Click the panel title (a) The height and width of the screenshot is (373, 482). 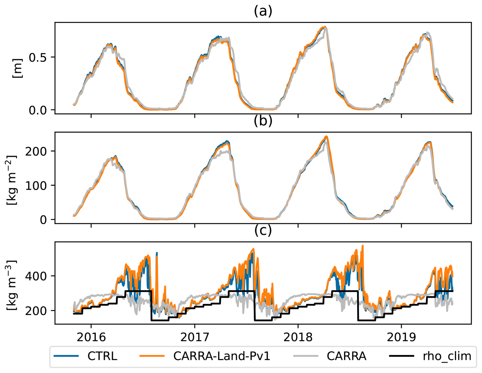[x=263, y=11]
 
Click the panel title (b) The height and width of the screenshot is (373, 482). [x=263, y=121]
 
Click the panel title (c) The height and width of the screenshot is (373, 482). [x=263, y=230]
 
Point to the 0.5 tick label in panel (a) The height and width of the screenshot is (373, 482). [x=38, y=58]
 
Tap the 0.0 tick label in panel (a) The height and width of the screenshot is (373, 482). [x=38, y=110]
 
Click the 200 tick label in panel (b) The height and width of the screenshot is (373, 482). [x=36, y=151]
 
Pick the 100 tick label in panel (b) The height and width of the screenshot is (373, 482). [x=36, y=186]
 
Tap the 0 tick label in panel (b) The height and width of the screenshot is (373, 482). [x=43, y=220]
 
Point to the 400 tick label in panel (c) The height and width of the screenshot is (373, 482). [x=36, y=276]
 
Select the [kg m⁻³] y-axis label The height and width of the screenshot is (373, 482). [x=12, y=285]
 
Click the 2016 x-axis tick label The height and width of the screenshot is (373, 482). [x=91, y=337]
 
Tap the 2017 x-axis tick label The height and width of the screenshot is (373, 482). [x=195, y=337]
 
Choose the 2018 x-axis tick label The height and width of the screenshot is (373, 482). [x=298, y=337]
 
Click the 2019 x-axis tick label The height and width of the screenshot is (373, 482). [x=401, y=337]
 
